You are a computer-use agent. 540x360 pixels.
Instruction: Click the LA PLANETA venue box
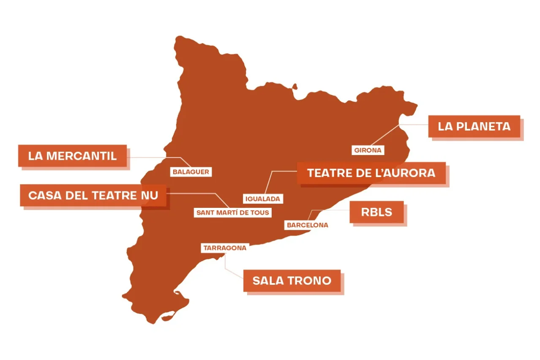point(474,126)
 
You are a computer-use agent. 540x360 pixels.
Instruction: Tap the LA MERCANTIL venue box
point(72,155)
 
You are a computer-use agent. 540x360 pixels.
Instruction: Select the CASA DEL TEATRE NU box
point(93,195)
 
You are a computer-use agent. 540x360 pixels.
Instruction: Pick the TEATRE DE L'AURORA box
point(371,173)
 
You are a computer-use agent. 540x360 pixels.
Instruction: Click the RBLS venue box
point(376,212)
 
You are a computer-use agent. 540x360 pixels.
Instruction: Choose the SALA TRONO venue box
point(292,281)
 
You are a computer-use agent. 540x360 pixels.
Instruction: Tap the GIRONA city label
point(368,150)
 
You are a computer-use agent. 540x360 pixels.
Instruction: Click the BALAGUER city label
point(191,172)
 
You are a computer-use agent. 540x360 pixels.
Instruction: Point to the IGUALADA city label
point(263,198)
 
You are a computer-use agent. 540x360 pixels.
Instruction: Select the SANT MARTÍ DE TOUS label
point(232,212)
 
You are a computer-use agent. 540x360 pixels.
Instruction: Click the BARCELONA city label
point(307,225)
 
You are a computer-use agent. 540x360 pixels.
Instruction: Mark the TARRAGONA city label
point(224,248)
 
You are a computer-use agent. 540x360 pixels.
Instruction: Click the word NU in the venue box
point(150,195)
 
